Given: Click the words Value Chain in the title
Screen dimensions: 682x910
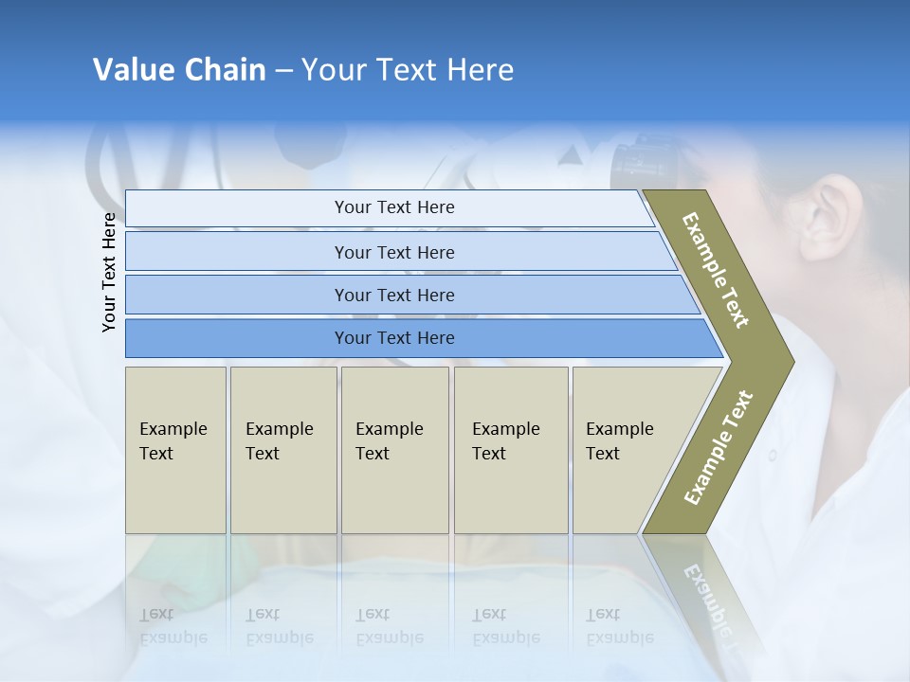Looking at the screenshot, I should coord(179,69).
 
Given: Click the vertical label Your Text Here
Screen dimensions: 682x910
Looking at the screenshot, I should coord(109,272).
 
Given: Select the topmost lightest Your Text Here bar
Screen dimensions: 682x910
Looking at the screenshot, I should coord(393,207).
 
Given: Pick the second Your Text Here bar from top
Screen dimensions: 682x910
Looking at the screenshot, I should coord(393,252).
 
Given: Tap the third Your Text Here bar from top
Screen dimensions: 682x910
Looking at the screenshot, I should coord(393,295).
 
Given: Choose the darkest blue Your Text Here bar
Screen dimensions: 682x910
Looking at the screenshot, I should coord(393,338).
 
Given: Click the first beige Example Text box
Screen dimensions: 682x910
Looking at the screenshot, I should coord(175,450).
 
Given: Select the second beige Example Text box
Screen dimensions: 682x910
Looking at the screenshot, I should coord(282,450).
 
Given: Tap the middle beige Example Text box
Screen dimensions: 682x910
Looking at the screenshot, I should coord(394,450).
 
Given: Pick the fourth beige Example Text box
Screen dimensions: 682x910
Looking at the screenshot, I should coord(510,450).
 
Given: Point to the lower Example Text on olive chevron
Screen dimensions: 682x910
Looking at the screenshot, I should coord(719,447).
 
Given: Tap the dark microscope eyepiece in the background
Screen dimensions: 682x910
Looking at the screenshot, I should coord(645,161).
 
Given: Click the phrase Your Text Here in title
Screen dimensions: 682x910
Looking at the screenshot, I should coord(408,69).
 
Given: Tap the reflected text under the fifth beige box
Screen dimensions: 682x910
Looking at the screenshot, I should coord(618,626).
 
